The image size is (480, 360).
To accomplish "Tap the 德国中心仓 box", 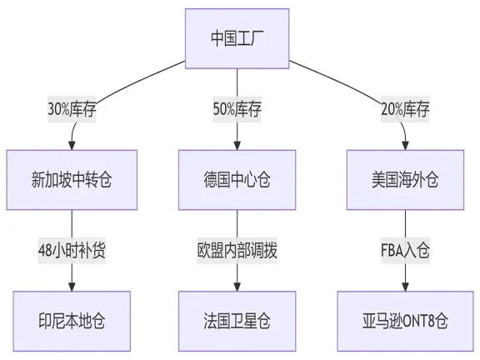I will click(237, 179).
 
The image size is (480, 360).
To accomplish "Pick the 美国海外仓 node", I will click(405, 179).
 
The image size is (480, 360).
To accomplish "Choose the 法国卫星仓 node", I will click(237, 320).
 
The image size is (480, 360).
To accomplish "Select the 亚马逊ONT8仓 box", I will click(405, 320).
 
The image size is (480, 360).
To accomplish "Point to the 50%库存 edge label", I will click(237, 109).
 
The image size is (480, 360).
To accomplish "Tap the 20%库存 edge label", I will click(405, 109).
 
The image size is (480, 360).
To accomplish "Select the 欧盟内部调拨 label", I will click(237, 250).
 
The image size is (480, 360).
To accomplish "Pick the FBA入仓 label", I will click(405, 250).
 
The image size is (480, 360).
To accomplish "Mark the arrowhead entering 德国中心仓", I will click(237, 145).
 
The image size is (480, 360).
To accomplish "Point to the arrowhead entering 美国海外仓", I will click(405, 145).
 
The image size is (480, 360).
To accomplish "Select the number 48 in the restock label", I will click(46, 250).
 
